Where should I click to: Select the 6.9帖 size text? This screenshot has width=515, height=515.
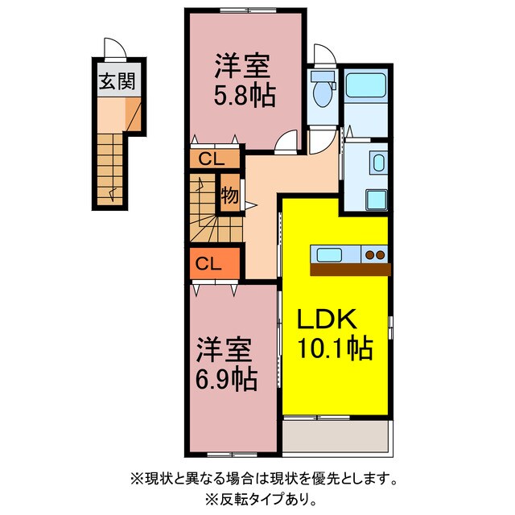tap(227, 377)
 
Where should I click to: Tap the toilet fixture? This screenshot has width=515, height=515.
tap(323, 90)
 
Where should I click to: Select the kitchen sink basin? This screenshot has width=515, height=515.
tap(330, 255)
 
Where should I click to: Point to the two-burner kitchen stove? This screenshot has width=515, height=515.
tap(375, 255)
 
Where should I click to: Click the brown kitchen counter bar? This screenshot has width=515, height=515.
tap(350, 270)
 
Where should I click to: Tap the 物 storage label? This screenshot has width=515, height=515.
tap(229, 194)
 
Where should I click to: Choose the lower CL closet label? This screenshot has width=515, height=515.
tap(208, 263)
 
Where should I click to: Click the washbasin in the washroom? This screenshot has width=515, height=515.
tap(378, 163)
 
